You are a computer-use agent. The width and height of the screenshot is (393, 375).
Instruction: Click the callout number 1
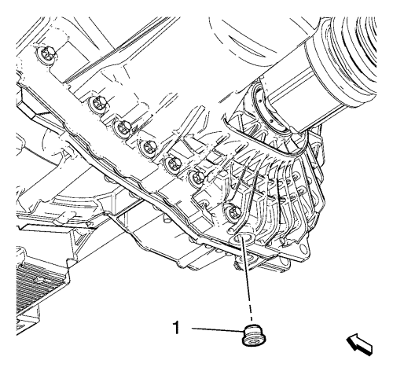point(176,328)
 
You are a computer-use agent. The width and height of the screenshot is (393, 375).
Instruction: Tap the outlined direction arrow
point(359,344)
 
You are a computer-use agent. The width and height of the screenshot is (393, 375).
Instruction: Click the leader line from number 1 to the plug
point(217,329)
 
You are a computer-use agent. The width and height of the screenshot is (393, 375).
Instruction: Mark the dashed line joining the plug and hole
point(247,281)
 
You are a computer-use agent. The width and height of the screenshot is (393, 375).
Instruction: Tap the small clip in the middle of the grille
point(39,281)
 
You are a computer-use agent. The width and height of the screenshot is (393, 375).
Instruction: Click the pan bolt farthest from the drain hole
point(46,53)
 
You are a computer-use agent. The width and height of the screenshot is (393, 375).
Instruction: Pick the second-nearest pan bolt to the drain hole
point(196,177)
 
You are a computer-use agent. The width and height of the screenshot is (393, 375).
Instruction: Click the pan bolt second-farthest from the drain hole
point(97,103)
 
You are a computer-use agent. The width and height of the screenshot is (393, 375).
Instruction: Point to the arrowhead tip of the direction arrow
point(347,338)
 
